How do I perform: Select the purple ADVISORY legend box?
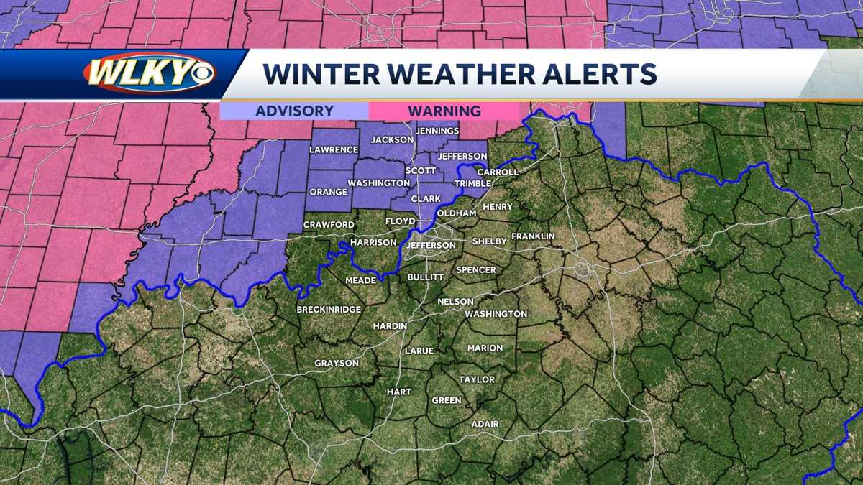coord(294,111)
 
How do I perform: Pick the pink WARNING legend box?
coord(444,111)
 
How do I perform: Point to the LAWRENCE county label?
coord(334,149)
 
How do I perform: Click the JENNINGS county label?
coord(436,131)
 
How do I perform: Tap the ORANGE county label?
coord(328,193)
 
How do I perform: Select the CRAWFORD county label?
coord(329,225)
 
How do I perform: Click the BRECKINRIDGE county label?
coord(329,310)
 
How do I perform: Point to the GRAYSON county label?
coord(336,364)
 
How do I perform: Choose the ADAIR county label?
coord(485,424)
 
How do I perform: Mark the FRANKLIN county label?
coord(533,236)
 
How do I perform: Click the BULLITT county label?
coord(426,277)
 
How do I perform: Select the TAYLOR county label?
coord(477,379)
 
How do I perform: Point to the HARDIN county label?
coord(390,326)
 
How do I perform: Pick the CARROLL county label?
coord(497,172)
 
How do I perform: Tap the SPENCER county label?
coord(475,270)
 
